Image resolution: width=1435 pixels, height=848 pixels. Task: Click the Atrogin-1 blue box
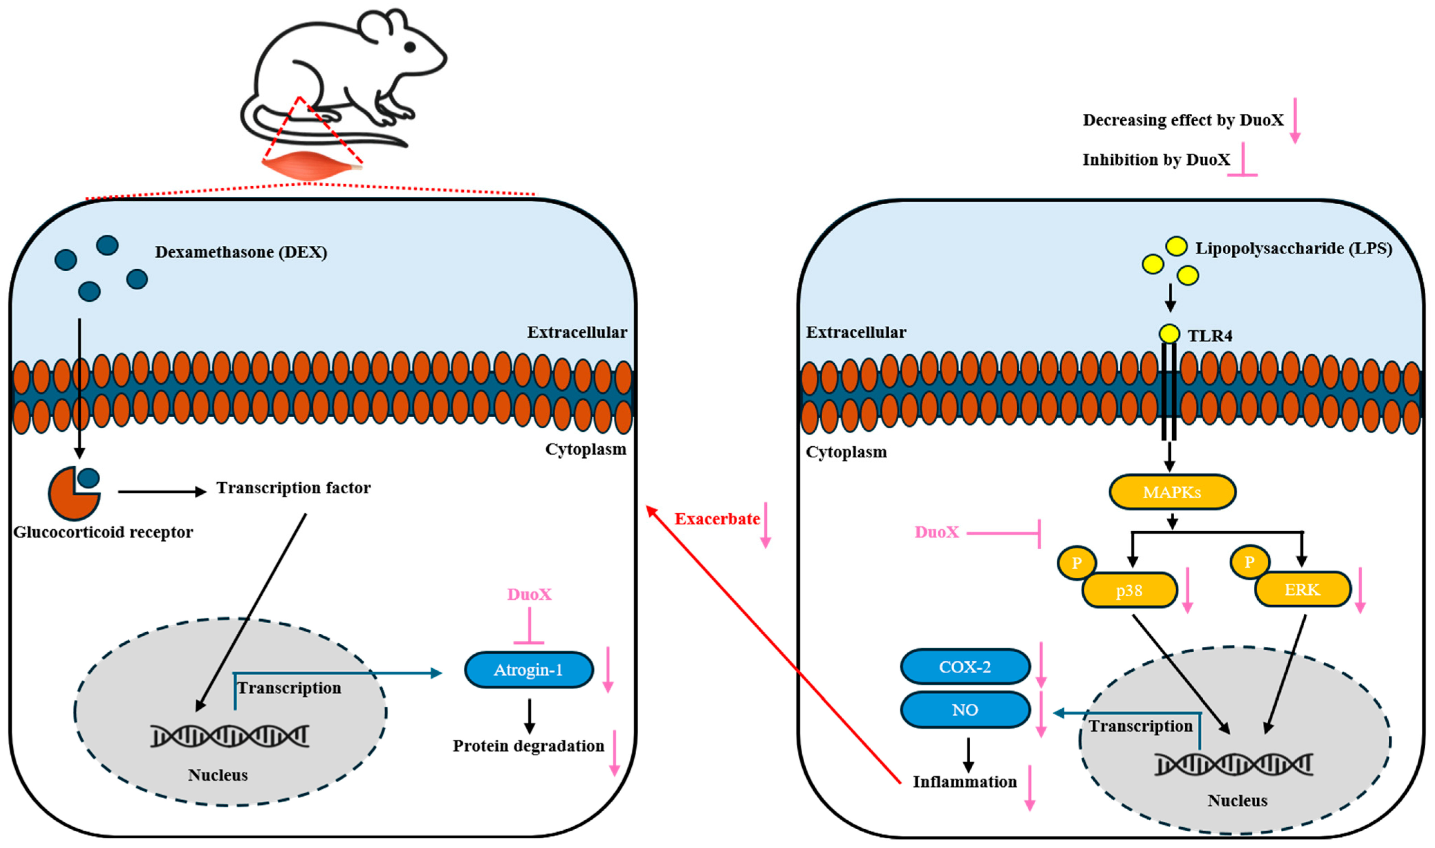529,670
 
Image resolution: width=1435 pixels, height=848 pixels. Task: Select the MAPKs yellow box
1172,492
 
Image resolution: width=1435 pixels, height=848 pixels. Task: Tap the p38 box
1129,591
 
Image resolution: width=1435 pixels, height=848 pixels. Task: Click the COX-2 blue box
965,667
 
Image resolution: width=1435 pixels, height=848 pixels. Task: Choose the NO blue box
965,710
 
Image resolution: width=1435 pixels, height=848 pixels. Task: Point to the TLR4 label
1210,336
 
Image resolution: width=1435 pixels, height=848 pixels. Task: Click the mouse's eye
410,47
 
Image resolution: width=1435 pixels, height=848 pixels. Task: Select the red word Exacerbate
717,519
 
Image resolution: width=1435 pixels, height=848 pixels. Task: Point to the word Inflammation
965,782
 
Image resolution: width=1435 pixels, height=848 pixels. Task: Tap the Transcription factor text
293,488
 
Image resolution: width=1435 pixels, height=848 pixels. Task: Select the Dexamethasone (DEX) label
241,252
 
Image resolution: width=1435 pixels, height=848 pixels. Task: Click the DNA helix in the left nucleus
230,736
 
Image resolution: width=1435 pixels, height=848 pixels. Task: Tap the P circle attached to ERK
1250,562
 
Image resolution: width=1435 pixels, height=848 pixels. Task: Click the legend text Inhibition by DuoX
1156,160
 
